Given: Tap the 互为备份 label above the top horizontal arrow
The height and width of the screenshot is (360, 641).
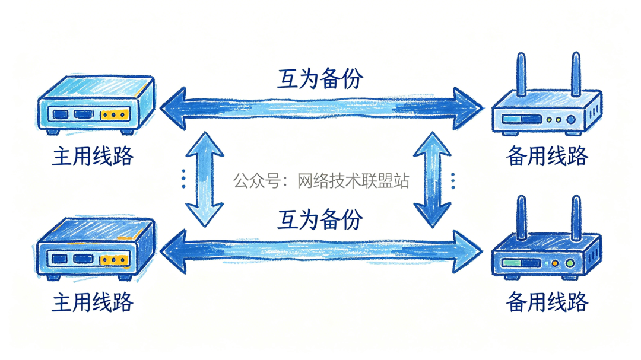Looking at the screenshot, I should coord(320,78).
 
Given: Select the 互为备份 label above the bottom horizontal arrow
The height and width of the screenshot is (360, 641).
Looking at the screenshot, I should coord(320,220).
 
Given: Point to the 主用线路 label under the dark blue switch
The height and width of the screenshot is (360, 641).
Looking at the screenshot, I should coord(93,302).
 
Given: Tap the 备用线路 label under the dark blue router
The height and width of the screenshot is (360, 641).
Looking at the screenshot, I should coord(547,302).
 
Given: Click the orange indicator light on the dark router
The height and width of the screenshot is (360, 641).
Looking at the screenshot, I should coord(556,263).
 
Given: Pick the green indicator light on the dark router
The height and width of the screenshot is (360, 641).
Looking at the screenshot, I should coord(571,263).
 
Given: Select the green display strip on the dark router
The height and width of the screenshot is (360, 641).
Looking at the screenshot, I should coord(521,263).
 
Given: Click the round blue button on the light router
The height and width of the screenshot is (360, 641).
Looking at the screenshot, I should coord(571,120).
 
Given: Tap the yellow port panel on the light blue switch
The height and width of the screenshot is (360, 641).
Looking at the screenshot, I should coord(115,114).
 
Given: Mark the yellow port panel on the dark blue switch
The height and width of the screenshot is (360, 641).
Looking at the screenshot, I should coord(115,259).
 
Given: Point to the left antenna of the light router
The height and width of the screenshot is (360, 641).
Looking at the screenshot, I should coord(521,74).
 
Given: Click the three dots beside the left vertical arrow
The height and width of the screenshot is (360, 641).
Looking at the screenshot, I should coord(183,179).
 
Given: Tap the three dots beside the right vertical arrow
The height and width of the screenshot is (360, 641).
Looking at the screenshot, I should coord(453,179).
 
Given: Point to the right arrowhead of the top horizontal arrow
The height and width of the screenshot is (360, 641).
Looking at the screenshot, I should coord(469,108).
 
